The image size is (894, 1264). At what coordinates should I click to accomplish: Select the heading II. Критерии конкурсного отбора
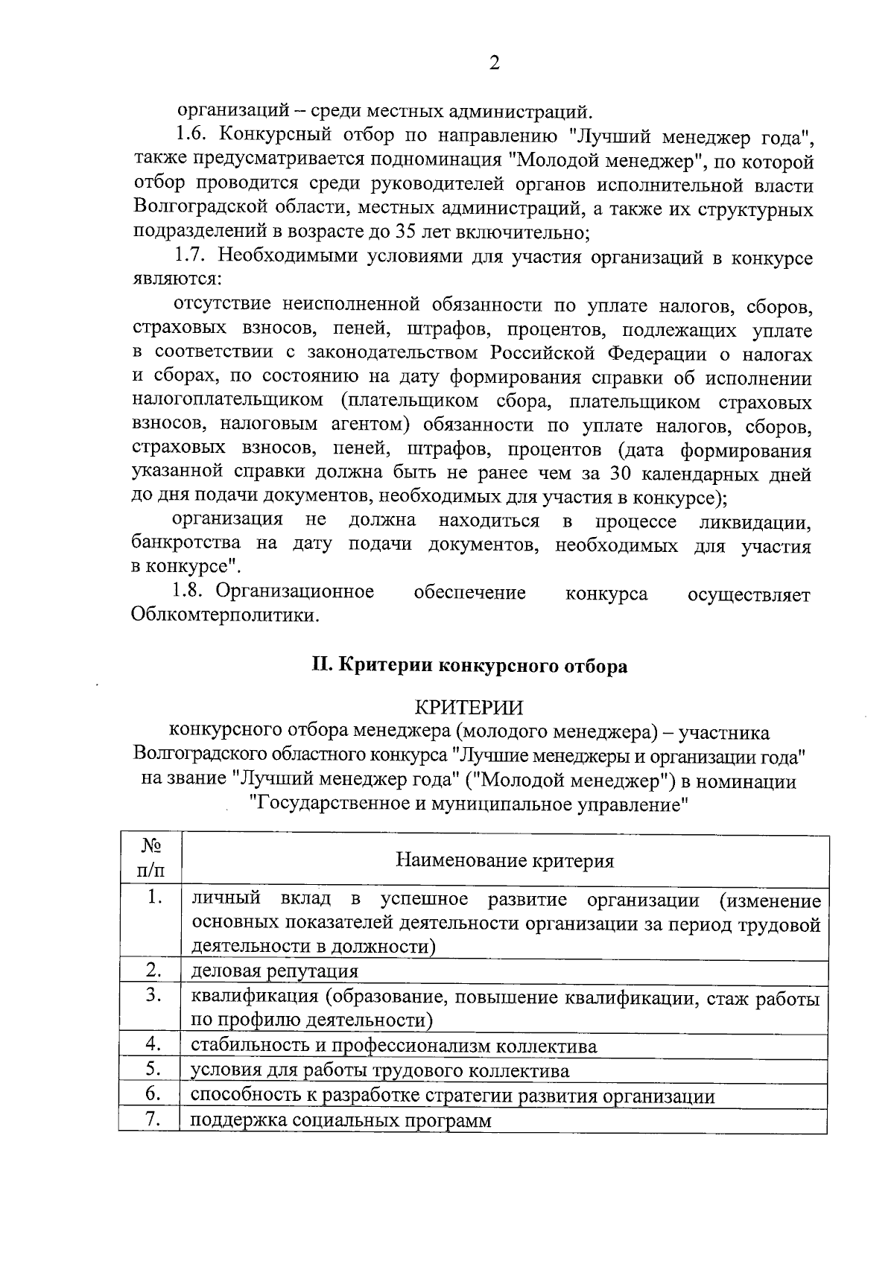point(469,665)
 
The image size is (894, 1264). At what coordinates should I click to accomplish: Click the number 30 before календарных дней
point(623,474)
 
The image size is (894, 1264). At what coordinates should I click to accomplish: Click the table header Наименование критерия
point(505,861)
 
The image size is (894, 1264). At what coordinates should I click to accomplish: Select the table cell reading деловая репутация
point(275,971)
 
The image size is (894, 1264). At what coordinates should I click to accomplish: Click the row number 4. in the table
point(153,1044)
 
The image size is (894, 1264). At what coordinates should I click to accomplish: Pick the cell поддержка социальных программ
point(341,1120)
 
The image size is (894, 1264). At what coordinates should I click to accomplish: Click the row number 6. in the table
point(153,1094)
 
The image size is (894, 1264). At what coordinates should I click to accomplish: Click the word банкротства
point(188,544)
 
